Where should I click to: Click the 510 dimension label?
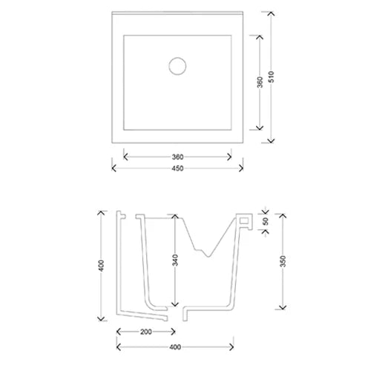click(x=272, y=76)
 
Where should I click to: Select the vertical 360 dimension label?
click(x=260, y=82)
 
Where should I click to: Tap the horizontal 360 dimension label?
click(x=177, y=157)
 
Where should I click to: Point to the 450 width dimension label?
click(x=177, y=168)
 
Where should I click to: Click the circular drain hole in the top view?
click(x=177, y=66)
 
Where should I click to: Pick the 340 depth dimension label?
click(x=175, y=260)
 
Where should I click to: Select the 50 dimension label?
click(x=266, y=221)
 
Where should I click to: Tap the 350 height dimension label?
click(x=283, y=261)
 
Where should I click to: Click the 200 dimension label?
click(x=146, y=332)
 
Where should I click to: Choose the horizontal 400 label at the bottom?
click(x=175, y=347)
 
